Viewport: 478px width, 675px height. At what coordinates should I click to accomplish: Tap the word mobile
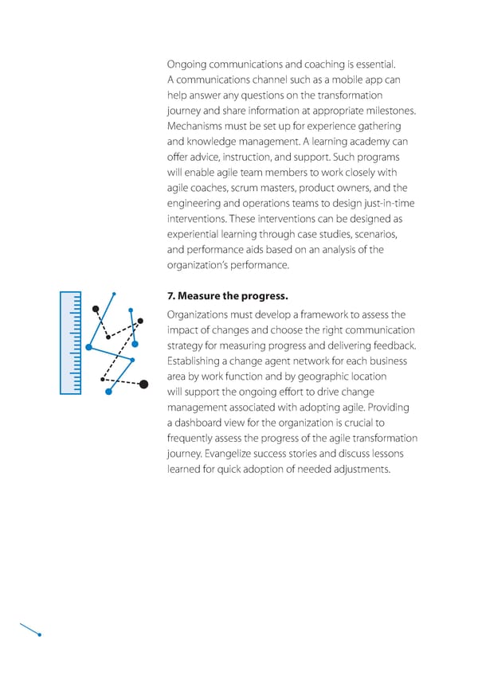[x=337, y=80]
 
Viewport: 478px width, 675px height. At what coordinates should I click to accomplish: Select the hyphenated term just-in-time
[x=385, y=203]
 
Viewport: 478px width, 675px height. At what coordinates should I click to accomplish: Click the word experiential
[x=195, y=234]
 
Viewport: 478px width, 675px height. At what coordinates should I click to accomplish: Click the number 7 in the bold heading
[x=170, y=298]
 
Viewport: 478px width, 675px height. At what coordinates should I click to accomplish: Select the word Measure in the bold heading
[x=202, y=298]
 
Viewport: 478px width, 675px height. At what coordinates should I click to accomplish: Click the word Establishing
[x=197, y=361]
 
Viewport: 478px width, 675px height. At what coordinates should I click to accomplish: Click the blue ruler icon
[x=71, y=342]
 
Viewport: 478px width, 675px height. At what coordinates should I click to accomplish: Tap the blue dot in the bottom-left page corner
[x=39, y=634]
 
